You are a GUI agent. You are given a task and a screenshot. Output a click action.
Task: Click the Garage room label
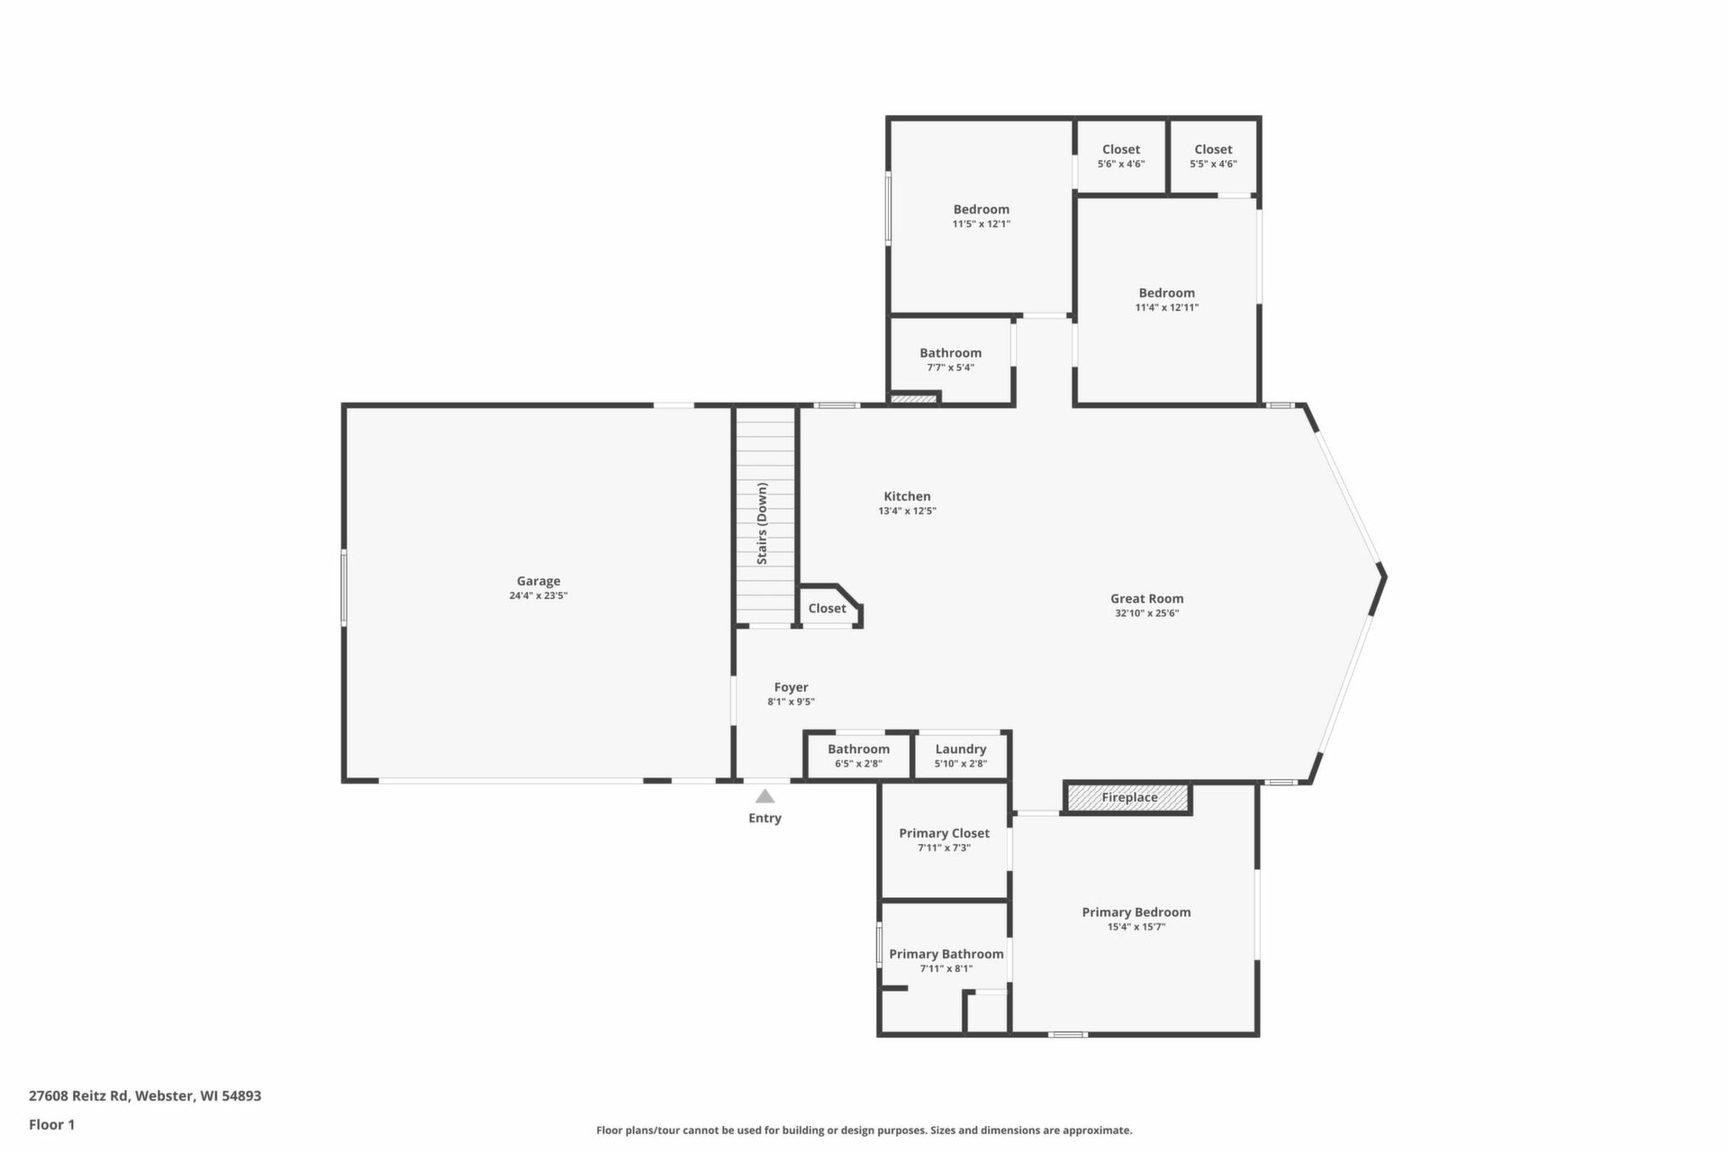point(539,581)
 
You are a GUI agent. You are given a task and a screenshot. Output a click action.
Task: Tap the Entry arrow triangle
point(765,796)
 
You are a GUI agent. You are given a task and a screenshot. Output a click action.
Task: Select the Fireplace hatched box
point(1128,797)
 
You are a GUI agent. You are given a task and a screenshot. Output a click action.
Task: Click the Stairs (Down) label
point(762,523)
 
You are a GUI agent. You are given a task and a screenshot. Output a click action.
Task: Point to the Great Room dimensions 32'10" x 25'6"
point(1146,613)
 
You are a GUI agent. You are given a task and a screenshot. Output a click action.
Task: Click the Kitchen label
point(907,496)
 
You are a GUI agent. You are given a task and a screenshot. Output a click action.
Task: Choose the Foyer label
point(791,687)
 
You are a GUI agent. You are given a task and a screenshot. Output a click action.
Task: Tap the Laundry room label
point(961,749)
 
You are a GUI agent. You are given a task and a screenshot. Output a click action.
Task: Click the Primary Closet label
point(944,833)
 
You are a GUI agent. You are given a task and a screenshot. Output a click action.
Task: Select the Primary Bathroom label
point(946,954)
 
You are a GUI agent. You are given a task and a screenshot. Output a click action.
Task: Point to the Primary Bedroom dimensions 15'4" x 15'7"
point(1136,927)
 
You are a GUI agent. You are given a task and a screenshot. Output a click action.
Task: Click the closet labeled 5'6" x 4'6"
point(1121,156)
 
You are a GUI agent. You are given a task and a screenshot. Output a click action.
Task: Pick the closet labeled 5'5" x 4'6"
point(1213,156)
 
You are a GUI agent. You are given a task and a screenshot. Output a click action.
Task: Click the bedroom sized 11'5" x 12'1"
point(982,216)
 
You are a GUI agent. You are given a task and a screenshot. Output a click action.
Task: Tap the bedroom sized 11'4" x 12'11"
point(1167,299)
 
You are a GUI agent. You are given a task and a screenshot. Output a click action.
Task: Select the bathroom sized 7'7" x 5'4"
point(951,359)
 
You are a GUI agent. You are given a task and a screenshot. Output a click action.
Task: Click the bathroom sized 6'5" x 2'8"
point(859,756)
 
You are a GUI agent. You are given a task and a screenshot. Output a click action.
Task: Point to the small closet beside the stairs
point(827,608)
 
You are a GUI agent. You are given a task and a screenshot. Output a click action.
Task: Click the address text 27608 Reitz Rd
point(80,1096)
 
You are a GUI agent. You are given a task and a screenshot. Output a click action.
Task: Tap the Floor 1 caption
point(52,1124)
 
